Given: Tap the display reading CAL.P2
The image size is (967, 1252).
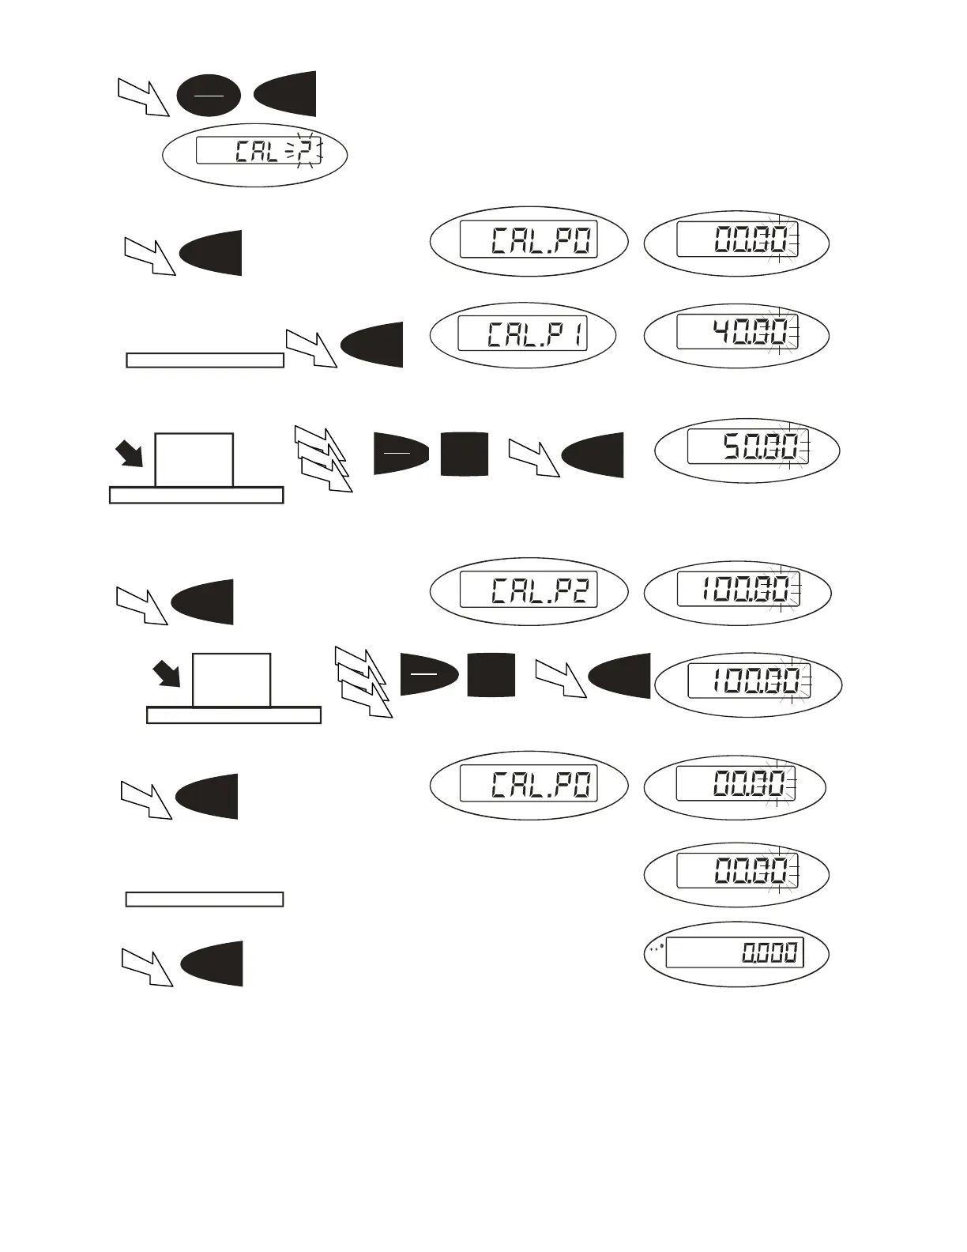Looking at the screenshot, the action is coord(529,590).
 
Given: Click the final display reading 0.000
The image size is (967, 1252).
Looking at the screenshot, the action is coord(735,952).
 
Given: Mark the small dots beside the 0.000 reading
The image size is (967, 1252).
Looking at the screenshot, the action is coord(656,947).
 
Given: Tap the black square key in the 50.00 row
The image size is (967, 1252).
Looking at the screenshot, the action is coord(465,454).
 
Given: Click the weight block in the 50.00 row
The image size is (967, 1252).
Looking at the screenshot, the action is coord(194,460).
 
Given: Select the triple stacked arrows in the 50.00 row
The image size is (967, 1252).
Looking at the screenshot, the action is coord(322,458).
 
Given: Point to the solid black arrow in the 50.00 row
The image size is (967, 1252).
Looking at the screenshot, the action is coord(129,454).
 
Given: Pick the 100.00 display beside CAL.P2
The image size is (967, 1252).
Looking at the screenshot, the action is coord(738,590).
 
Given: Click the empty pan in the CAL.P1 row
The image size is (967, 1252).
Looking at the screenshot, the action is coord(205,360).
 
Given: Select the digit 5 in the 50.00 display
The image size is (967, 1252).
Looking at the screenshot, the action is coord(735,447).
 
